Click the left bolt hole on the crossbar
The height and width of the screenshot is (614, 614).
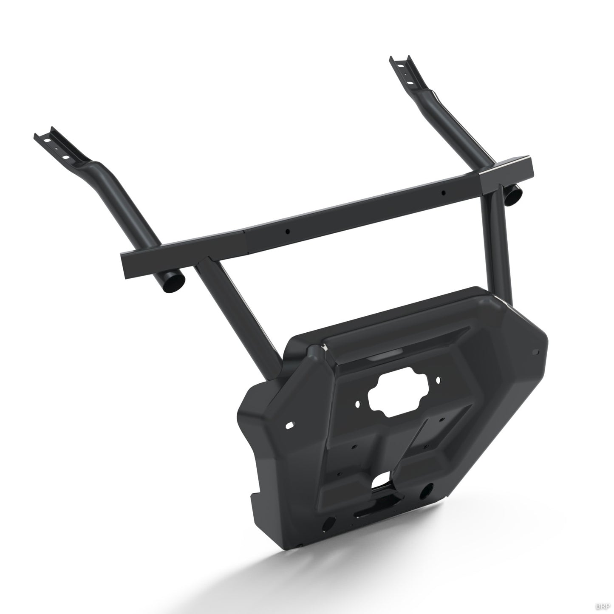(x=288, y=232)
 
